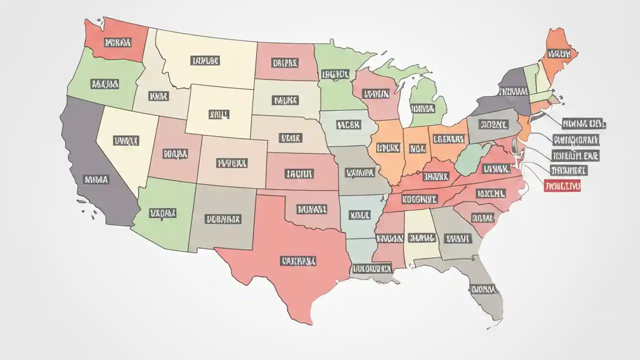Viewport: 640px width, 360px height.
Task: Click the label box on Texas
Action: (298, 260)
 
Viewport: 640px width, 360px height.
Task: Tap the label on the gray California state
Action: (96, 178)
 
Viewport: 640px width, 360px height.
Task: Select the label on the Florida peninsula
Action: (483, 289)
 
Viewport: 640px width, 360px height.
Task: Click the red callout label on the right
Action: (562, 186)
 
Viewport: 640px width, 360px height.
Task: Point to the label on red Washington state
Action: (117, 42)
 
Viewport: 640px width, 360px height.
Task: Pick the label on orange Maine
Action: (559, 53)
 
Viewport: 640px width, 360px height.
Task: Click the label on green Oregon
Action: (104, 83)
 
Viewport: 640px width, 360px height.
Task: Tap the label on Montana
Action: (205, 61)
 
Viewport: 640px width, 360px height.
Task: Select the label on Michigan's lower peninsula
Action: (422, 108)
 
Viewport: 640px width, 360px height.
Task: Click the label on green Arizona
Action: (163, 213)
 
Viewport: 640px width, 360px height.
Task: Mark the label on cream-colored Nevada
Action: (126, 141)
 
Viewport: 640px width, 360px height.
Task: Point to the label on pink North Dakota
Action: (285, 63)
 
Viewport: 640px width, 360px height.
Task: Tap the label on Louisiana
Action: (371, 268)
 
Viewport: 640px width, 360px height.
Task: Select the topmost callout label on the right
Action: (583, 123)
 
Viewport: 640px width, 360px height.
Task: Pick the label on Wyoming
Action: (218, 114)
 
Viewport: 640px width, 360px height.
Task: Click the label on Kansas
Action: (299, 173)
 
